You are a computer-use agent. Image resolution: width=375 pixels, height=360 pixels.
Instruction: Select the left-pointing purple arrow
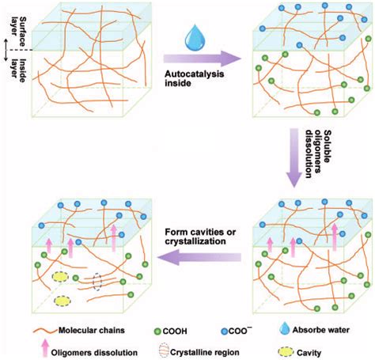point(201,256)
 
